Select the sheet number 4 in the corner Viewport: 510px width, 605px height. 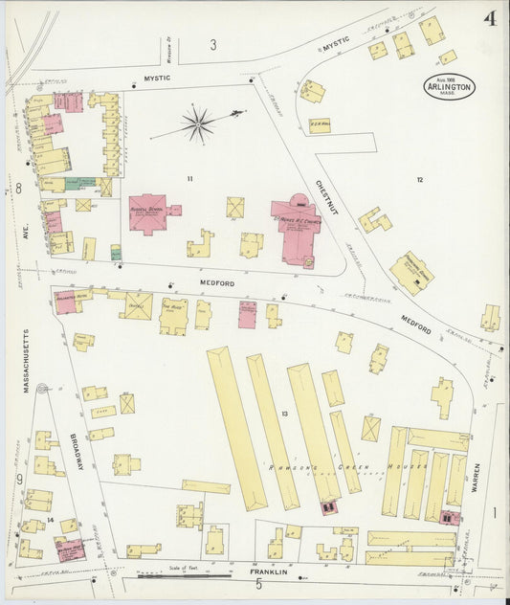(x=489, y=18)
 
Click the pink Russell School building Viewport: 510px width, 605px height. (x=148, y=213)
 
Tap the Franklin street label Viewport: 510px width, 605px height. (x=269, y=572)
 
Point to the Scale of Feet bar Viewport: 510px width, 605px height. (x=171, y=576)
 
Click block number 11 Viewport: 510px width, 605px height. (x=189, y=179)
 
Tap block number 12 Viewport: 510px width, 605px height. (x=419, y=179)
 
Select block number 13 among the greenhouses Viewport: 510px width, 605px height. (x=284, y=413)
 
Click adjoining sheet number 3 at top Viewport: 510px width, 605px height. (x=213, y=44)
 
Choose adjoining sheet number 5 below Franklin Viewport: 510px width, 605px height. (x=257, y=586)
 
